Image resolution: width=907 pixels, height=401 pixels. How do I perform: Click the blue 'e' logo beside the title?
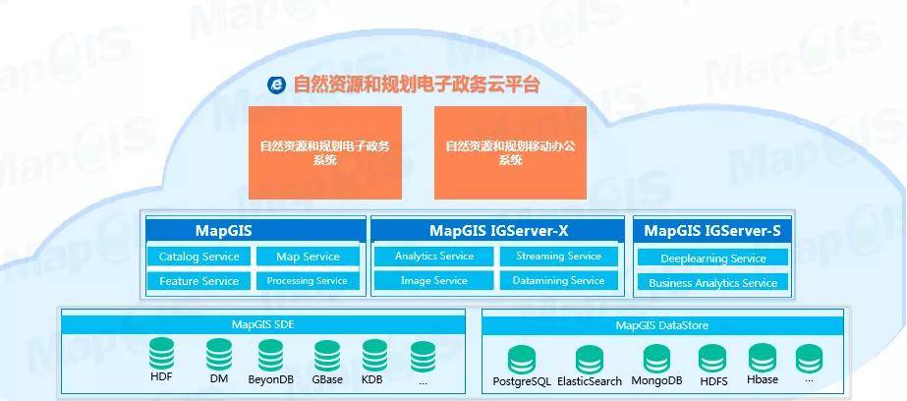pos(276,86)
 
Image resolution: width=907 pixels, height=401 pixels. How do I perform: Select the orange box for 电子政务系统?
pos(325,152)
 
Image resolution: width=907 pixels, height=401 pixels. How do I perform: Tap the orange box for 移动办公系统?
pos(510,152)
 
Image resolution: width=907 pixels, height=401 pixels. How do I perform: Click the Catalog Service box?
pos(198,257)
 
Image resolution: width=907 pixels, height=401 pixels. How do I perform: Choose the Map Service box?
pos(308,257)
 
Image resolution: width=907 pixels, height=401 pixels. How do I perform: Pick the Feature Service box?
pos(198,281)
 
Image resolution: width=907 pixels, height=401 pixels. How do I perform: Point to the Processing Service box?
pos(308,281)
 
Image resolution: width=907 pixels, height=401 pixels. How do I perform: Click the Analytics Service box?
pos(433,257)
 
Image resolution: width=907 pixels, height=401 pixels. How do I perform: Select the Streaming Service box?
pos(559,257)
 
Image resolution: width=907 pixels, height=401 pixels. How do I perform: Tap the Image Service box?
pos(433,281)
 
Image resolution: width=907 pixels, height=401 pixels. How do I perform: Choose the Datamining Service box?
pos(559,281)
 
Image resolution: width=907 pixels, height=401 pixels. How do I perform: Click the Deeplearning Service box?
pos(713,258)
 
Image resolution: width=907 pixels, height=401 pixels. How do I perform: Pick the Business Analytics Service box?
pos(713,283)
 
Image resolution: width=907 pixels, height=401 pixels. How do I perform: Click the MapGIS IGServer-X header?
pos(498,231)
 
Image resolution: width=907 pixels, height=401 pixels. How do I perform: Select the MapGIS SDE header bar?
pos(263,324)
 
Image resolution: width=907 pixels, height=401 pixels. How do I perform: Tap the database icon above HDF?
pos(161,354)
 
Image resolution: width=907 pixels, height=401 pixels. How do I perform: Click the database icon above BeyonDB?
pos(270,355)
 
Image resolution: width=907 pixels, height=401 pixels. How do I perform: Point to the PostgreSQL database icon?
pos(522,360)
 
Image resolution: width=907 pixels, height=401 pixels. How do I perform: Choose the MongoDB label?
pos(656,380)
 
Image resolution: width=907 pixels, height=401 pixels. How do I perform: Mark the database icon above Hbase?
pos(763,358)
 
